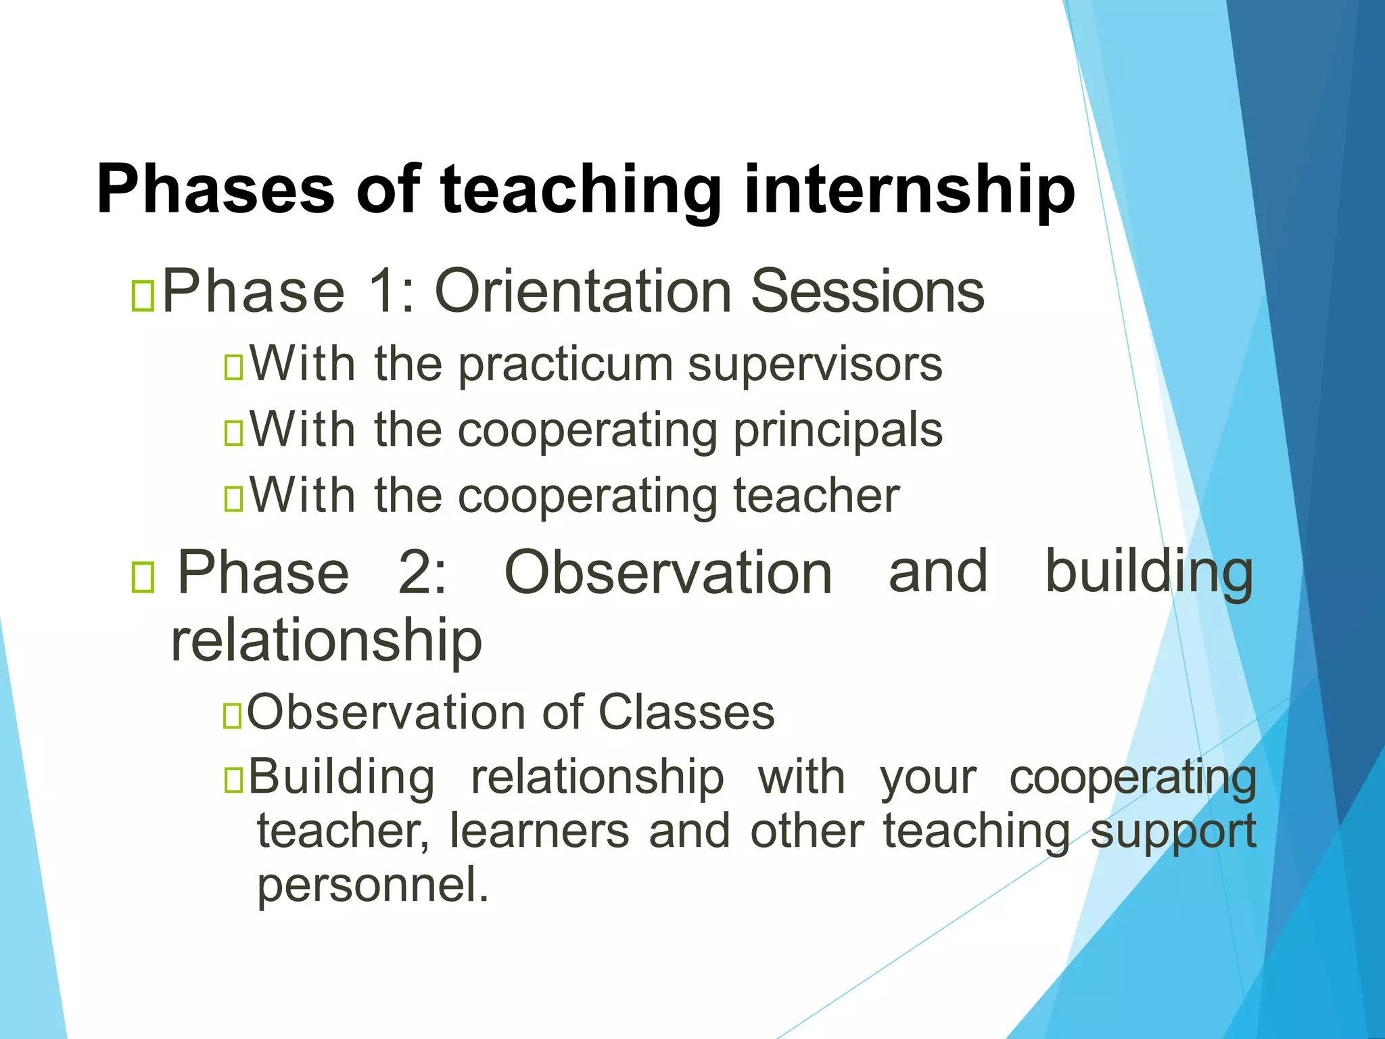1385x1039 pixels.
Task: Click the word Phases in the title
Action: pyautogui.click(x=215, y=189)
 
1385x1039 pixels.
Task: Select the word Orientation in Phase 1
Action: pyautogui.click(x=582, y=292)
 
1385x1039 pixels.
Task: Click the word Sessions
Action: pyautogui.click(x=868, y=292)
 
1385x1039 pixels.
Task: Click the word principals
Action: pyautogui.click(x=838, y=431)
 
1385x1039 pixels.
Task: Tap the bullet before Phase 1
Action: pyautogui.click(x=143, y=296)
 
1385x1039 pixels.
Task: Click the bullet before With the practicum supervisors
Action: pyautogui.click(x=233, y=368)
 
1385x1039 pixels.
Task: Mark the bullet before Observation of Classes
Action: pyautogui.click(x=232, y=716)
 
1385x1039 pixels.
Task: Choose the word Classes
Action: pyautogui.click(x=686, y=713)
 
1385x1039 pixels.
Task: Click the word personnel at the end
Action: pyautogui.click(x=372, y=886)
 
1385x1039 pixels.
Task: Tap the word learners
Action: pyautogui.click(x=538, y=831)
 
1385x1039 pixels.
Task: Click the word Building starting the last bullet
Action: pyautogui.click(x=342, y=777)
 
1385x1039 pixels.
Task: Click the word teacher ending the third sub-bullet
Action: pyautogui.click(x=816, y=497)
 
